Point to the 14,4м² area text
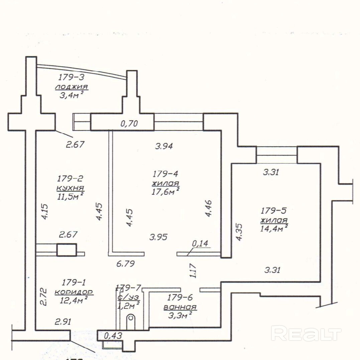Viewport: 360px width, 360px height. pyautogui.click(x=274, y=229)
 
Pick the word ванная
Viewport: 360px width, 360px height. pyautogui.click(x=180, y=307)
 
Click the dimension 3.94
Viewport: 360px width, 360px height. pyautogui.click(x=164, y=146)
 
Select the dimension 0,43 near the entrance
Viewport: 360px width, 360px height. pyautogui.click(x=113, y=335)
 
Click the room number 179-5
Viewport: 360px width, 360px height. pyautogui.click(x=273, y=211)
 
